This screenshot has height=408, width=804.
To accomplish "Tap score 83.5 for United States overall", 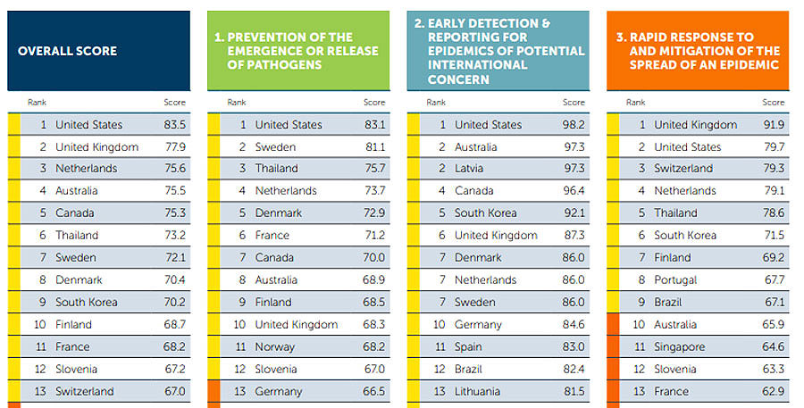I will tap(175, 125).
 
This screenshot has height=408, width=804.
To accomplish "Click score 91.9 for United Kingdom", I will tap(773, 125).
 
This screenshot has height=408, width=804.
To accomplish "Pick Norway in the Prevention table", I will tap(275, 346).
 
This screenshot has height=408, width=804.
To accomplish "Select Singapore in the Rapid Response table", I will tap(680, 346).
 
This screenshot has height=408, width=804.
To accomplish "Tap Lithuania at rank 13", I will tap(479, 391).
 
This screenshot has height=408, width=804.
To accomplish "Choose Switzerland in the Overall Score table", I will tap(85, 391).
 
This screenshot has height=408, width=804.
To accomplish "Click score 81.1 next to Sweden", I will tap(374, 147).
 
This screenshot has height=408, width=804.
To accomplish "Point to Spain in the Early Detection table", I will tap(468, 346).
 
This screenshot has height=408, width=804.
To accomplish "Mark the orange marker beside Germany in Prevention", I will tap(213, 391).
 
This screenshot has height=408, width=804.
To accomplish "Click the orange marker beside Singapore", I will tap(612, 346).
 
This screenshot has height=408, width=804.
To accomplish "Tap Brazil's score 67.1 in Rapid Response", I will tap(773, 303).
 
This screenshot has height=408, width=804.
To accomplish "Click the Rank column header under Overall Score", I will tap(37, 103).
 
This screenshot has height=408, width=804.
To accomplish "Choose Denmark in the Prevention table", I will tap(279, 213).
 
